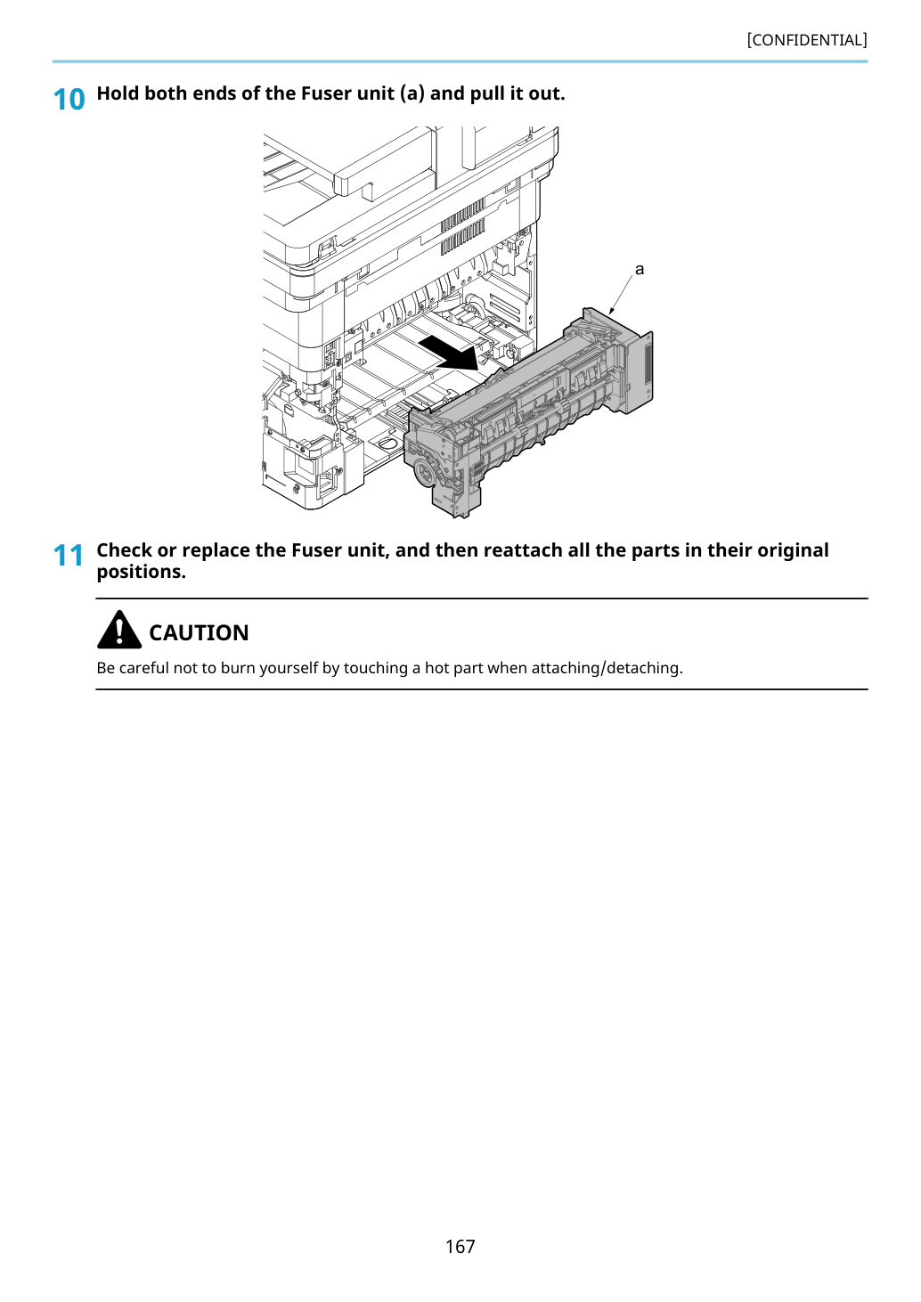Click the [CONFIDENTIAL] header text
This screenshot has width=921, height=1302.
[806, 40]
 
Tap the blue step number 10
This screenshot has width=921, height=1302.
[69, 100]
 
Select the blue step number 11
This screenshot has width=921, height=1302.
[69, 556]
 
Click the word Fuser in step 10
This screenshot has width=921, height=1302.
[322, 93]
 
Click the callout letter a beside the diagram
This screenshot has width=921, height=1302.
[640, 269]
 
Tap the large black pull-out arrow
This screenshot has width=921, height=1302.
[449, 353]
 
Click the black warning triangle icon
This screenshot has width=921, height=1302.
[119, 631]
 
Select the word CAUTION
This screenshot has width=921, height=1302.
[199, 632]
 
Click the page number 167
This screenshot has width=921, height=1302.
[460, 1246]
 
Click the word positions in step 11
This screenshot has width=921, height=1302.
[139, 572]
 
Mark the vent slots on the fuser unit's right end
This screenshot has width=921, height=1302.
[648, 362]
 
